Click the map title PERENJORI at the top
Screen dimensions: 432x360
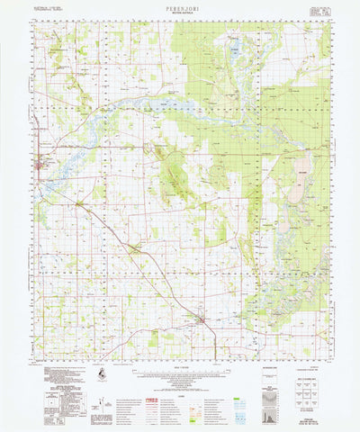tap(180, 6)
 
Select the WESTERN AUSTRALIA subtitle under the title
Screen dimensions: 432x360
tap(180, 13)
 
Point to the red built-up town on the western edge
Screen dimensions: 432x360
tap(39, 165)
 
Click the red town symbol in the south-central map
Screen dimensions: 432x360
tap(202, 319)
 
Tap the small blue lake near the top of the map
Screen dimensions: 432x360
tap(233, 53)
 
